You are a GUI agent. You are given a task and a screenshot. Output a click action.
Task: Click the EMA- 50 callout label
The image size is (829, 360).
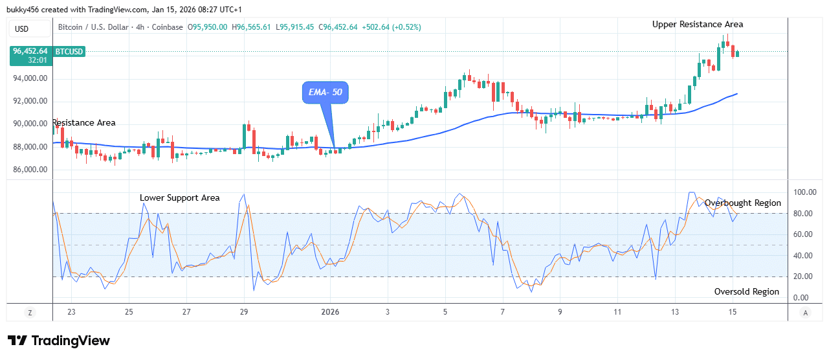tap(326, 93)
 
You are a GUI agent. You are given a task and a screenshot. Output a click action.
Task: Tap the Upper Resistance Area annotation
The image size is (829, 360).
tap(698, 25)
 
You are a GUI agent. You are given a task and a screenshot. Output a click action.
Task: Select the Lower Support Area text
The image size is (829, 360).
tap(180, 198)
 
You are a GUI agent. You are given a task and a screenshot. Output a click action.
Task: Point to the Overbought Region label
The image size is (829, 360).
tap(742, 203)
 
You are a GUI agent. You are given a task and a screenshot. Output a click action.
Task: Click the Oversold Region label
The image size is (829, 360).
tap(746, 292)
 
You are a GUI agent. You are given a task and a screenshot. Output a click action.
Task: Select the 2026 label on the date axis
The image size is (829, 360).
tap(330, 312)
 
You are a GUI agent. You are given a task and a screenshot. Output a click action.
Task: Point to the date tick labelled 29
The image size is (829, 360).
tap(244, 312)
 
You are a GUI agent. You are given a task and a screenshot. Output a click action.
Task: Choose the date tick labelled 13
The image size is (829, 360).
tap(675, 312)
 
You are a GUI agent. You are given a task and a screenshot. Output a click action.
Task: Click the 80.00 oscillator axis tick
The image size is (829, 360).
tap(803, 214)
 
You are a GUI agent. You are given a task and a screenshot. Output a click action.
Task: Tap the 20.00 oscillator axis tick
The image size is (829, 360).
tap(803, 276)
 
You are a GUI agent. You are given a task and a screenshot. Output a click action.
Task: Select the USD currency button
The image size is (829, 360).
tap(22, 28)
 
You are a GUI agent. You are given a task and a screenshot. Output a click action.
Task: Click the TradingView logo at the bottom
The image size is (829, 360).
tap(58, 341)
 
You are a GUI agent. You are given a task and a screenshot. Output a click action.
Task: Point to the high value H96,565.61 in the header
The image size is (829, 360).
tap(253, 27)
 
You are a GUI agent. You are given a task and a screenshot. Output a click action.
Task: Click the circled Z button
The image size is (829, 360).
tap(29, 313)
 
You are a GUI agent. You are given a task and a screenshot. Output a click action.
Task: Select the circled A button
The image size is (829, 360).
tap(805, 313)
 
